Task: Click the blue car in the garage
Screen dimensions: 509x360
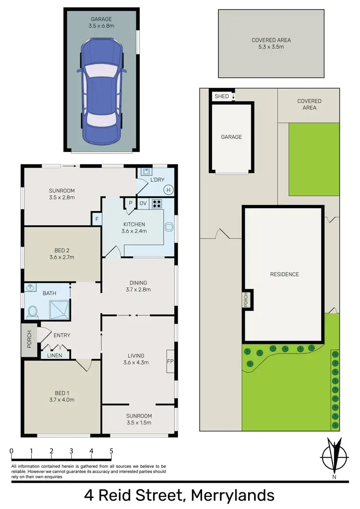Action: pos(101,91)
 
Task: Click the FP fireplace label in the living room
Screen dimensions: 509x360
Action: pos(170,361)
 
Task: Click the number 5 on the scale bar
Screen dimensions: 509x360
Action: pos(111,451)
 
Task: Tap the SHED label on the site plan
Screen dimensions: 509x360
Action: pos(221,96)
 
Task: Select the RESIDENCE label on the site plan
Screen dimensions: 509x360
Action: pos(284,274)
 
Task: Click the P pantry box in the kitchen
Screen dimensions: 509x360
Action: pos(130,203)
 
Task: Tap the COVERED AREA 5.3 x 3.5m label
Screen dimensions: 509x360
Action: pos(271,44)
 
